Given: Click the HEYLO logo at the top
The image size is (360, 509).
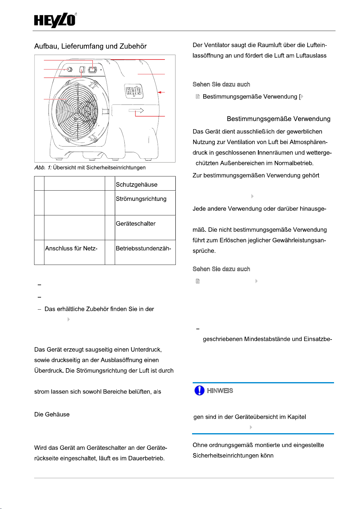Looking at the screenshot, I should pos(55,21).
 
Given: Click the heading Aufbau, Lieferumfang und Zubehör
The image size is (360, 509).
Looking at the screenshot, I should pos(90,46).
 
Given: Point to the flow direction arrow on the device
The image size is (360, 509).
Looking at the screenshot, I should pos(136,111).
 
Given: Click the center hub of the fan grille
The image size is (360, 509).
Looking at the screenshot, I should pos(78,111).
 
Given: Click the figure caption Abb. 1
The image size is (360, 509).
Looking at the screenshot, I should pos(43,168).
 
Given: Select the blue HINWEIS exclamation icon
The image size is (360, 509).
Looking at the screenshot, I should pos(199,390).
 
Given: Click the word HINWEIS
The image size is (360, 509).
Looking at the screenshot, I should pos(220,391).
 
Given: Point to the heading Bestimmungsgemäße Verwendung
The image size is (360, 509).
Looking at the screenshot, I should pos(278,119).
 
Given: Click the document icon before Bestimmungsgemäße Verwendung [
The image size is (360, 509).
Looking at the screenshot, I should pos(198,97).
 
